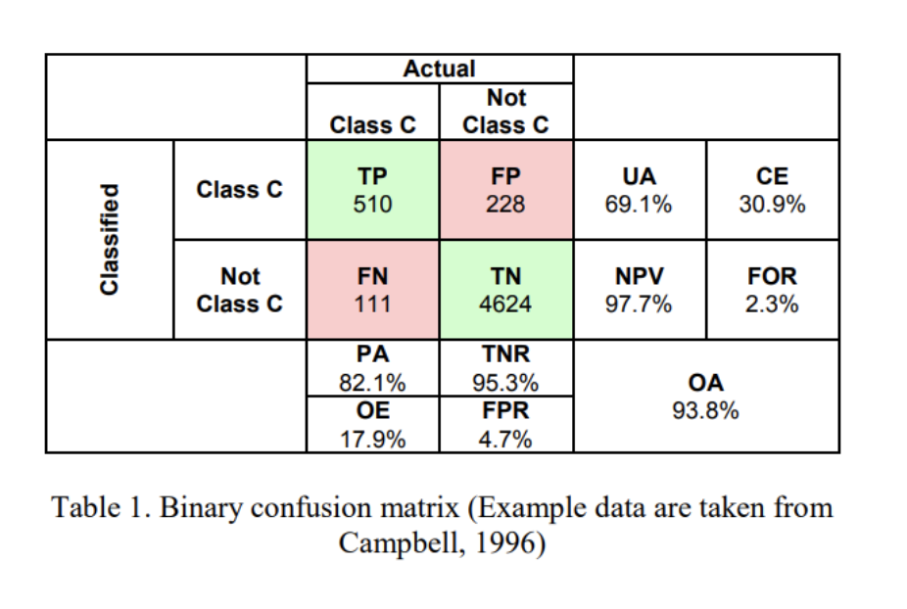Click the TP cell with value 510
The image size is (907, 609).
373,191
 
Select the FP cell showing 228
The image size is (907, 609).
505,191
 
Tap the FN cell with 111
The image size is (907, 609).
373,291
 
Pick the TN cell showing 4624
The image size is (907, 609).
505,291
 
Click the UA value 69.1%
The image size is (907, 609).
639,205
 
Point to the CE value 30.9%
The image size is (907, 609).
772,205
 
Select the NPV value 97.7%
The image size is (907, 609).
639,304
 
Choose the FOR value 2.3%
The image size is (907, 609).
772,304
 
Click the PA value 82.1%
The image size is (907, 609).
372,382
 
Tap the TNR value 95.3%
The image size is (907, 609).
505,382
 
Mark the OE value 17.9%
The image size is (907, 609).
372,439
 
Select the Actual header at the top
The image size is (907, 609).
439,69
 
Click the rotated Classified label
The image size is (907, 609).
110,240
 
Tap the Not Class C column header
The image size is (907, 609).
505,112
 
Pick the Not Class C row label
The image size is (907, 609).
240,291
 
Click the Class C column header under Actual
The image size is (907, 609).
373,125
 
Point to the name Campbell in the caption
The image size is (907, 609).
390,542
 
